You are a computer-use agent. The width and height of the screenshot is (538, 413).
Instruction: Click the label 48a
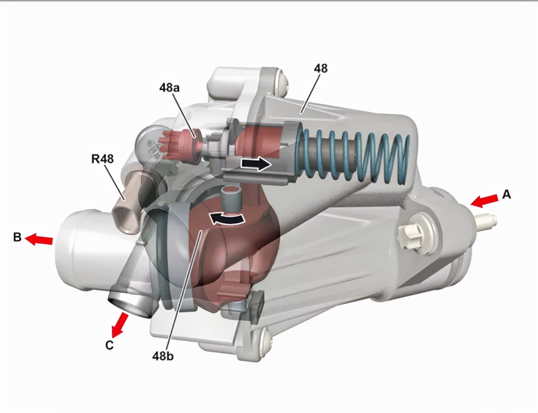(169, 88)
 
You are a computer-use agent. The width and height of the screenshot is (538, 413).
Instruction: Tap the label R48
(102, 159)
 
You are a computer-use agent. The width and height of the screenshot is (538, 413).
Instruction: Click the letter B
(17, 237)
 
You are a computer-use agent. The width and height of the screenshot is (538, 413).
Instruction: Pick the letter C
(109, 345)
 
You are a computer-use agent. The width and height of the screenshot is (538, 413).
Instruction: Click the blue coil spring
(354, 157)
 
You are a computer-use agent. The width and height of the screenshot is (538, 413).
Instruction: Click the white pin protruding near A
(487, 220)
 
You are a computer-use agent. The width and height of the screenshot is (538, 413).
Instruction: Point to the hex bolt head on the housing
(411, 236)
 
